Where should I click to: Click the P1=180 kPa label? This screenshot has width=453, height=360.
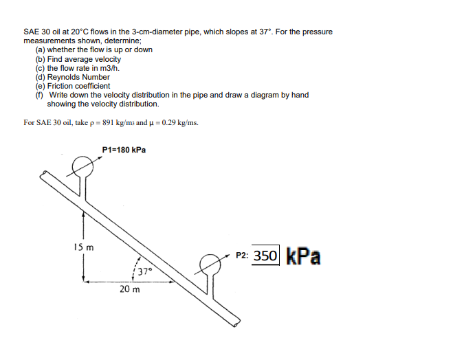(123, 149)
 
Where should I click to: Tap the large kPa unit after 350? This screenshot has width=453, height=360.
(301, 256)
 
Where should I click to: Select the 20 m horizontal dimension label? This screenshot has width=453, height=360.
(129, 289)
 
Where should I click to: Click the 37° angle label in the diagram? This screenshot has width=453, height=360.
(144, 271)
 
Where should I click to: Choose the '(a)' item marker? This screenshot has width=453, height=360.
(40, 50)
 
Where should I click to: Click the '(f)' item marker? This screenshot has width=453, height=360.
(40, 95)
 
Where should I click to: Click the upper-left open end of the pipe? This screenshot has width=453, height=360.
(45, 178)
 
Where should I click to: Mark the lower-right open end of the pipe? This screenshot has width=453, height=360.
(236, 321)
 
